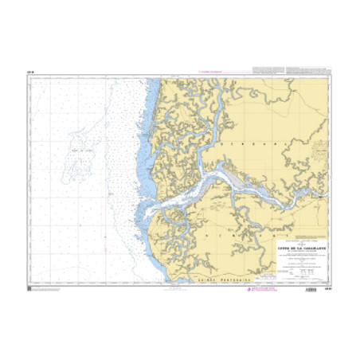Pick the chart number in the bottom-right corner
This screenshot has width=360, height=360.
click(327, 288)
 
